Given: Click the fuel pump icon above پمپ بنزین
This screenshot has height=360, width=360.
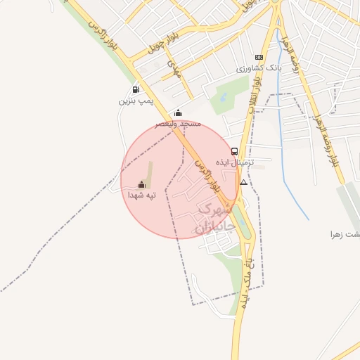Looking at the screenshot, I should click(x=135, y=89).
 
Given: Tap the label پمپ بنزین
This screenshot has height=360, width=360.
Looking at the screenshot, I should click(x=136, y=101).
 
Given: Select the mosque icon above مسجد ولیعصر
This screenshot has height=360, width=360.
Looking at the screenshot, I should click(x=178, y=112).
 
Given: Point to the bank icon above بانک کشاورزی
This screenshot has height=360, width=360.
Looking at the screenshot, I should click(x=259, y=57).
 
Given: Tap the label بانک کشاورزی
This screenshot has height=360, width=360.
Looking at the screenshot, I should click(x=258, y=68).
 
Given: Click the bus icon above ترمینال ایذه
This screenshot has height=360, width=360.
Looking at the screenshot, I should click(x=234, y=151).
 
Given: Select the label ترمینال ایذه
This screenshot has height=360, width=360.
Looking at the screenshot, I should click(x=234, y=162).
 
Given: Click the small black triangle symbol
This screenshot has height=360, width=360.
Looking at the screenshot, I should click(x=243, y=182).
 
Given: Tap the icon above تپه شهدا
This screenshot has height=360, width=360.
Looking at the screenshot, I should click(x=141, y=184).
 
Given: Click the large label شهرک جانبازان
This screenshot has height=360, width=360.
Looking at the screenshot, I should click(x=212, y=219).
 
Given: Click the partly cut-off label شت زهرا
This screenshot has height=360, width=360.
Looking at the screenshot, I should click(x=345, y=233).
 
